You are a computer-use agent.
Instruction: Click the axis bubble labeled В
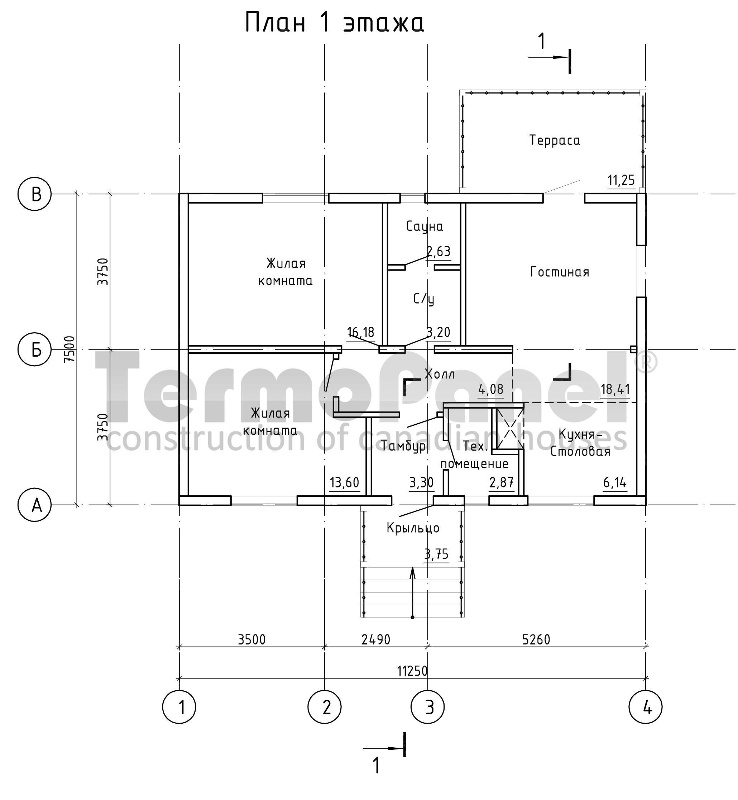click(35, 194)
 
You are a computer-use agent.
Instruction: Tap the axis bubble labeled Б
click(35, 350)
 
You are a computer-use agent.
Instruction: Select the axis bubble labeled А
click(35, 505)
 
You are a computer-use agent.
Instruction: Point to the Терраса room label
click(555, 140)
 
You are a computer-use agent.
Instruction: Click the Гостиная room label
click(560, 272)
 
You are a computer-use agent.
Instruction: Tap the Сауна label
click(425, 227)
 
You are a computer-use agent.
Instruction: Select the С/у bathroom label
click(424, 299)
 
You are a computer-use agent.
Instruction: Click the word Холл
click(439, 374)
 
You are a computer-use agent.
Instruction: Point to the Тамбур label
click(404, 446)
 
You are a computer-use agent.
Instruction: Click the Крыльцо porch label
click(413, 528)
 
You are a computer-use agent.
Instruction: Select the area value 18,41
click(615, 389)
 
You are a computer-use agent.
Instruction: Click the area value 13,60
click(345, 483)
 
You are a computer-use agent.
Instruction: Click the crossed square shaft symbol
click(509, 428)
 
